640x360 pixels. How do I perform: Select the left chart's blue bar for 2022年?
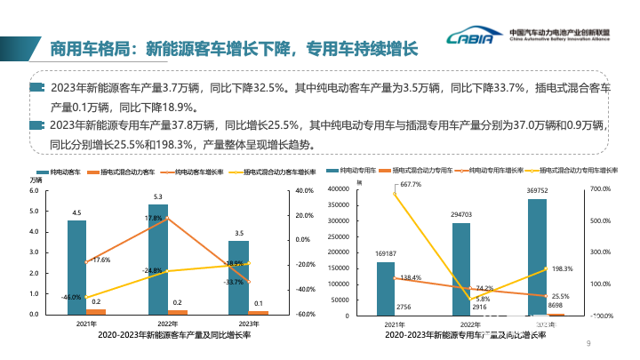click(x=158, y=259)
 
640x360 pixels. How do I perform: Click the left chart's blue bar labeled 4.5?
click(x=76, y=267)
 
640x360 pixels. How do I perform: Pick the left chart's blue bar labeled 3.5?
click(x=239, y=277)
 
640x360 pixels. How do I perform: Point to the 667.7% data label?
click(x=411, y=184)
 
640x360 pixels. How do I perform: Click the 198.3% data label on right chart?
click(x=562, y=268)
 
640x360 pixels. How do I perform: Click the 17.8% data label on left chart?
click(x=153, y=218)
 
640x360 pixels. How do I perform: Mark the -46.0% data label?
click(x=71, y=297)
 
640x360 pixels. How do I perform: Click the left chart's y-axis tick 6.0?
click(x=35, y=190)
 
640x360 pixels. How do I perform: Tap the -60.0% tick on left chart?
click(x=306, y=315)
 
